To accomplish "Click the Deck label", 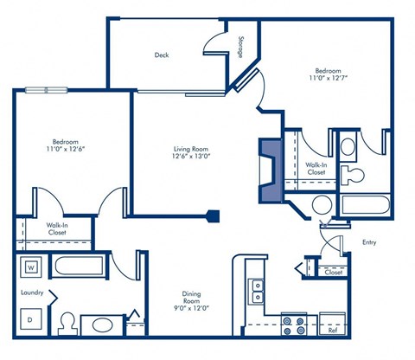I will [162, 55].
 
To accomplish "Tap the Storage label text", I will [240, 48].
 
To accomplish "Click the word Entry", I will [369, 242].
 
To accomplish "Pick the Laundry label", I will [32, 292].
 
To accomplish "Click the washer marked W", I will [30, 267].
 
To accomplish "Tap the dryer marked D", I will [30, 320].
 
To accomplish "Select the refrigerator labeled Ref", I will [332, 329].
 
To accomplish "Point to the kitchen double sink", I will [256, 291].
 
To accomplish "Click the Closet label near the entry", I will [333, 272].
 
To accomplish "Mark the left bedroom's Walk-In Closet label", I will [58, 229].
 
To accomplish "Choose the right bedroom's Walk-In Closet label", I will [317, 168].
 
